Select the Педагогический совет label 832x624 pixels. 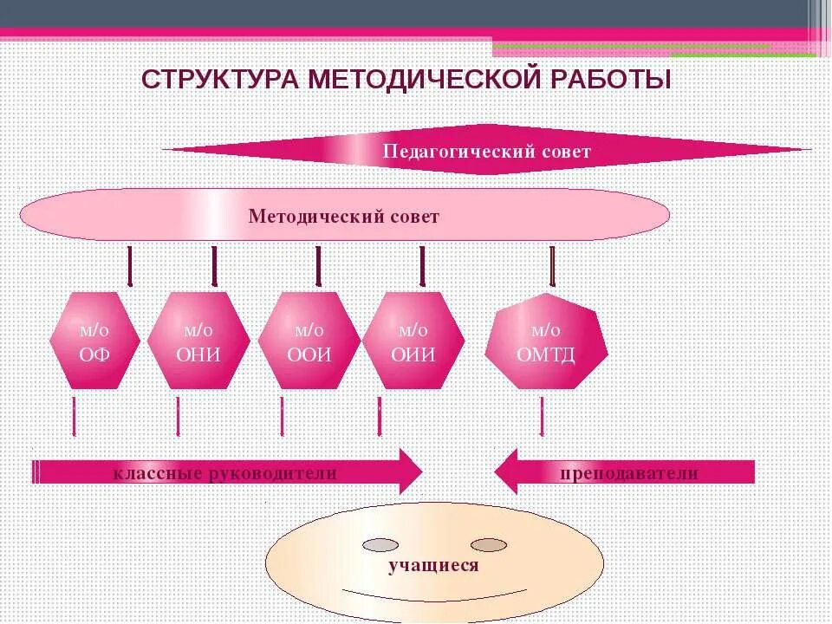[486, 152]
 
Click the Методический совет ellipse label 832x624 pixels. [344, 217]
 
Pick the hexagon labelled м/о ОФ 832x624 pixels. [94, 341]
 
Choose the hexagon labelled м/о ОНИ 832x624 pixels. [198, 341]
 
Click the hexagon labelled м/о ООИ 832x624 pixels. [309, 341]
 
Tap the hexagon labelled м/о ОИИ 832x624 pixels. [413, 341]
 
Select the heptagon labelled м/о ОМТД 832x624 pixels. [546, 341]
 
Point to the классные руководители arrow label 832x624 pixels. [224, 473]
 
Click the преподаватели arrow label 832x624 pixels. [629, 473]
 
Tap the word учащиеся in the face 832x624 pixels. [433, 566]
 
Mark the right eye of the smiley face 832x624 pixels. [488, 545]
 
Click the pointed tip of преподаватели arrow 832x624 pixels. [497, 472]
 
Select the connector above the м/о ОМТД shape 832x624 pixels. [552, 265]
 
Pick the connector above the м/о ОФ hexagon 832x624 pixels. [130, 265]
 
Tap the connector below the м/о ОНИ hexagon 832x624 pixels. [178, 417]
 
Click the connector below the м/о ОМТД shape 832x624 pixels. [542, 417]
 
